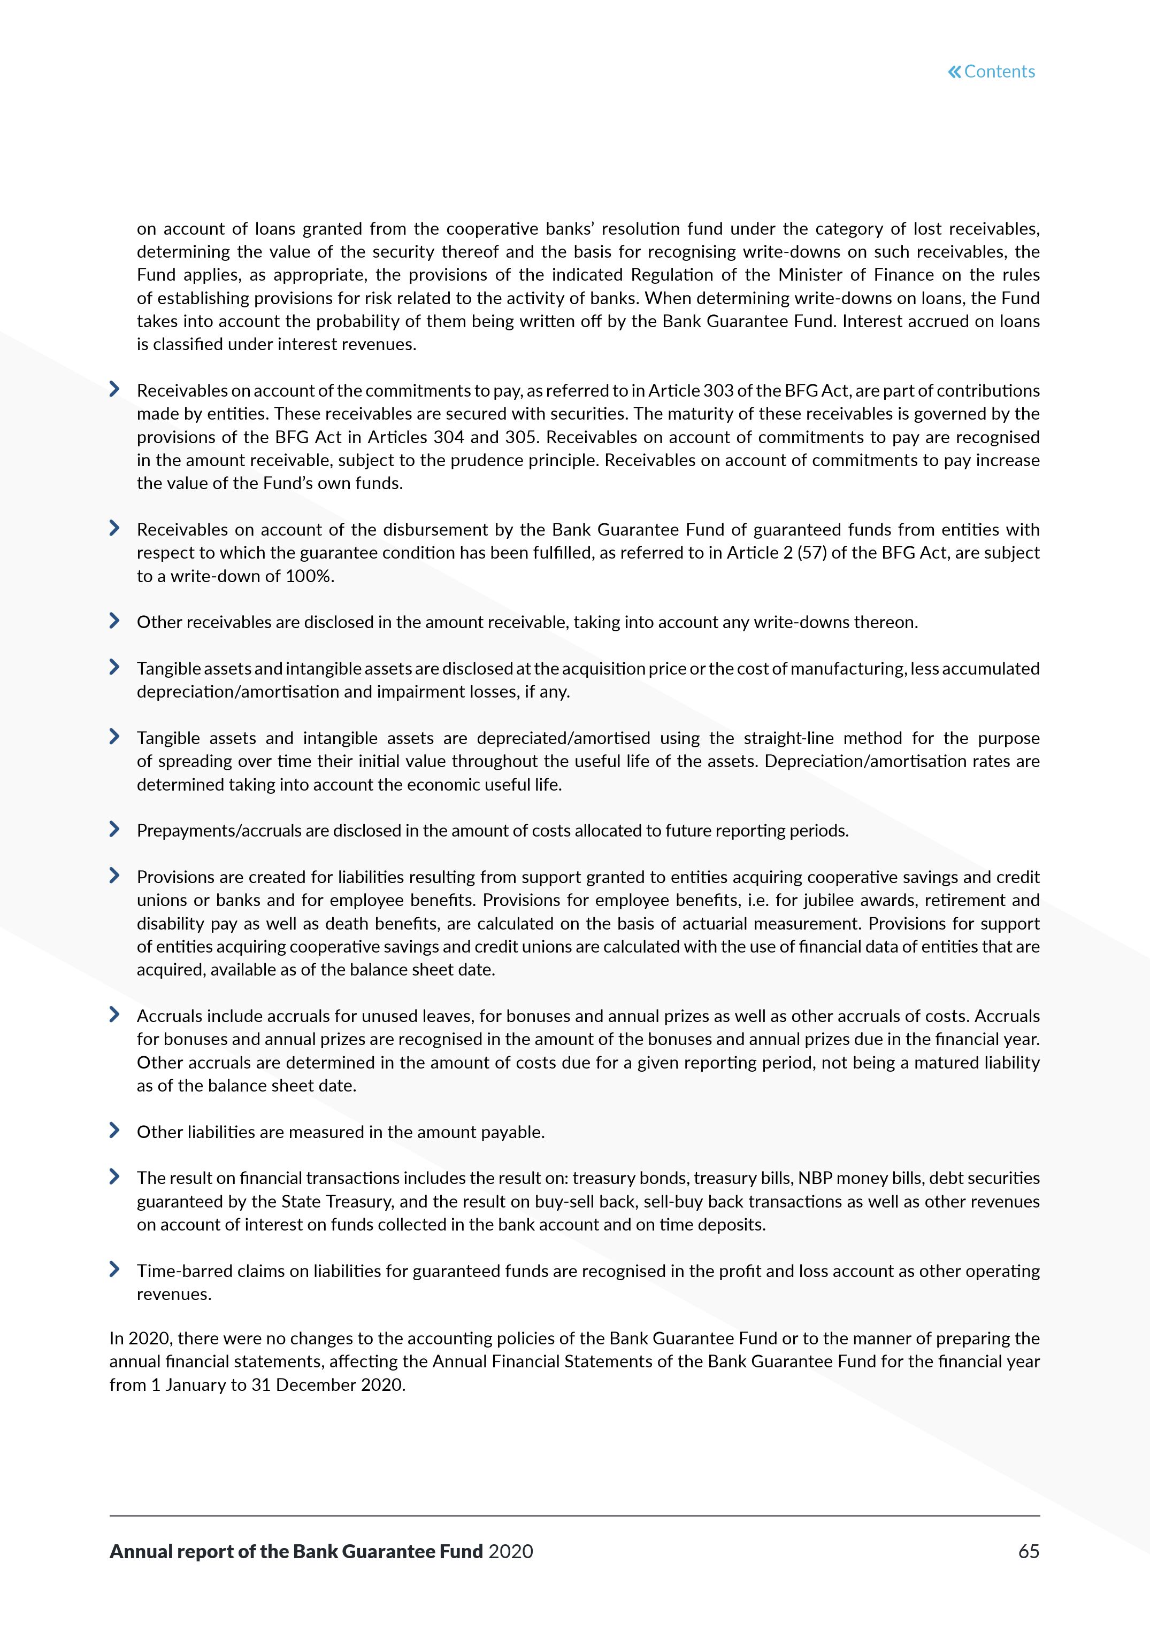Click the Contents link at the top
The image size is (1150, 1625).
(999, 72)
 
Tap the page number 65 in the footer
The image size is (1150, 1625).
(1028, 1551)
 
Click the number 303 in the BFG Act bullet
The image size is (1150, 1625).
(718, 391)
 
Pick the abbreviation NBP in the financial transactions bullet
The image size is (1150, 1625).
(814, 1179)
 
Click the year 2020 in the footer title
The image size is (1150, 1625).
(511, 1551)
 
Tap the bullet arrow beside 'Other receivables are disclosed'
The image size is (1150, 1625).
(114, 621)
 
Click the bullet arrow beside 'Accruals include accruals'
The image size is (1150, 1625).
(114, 1015)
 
